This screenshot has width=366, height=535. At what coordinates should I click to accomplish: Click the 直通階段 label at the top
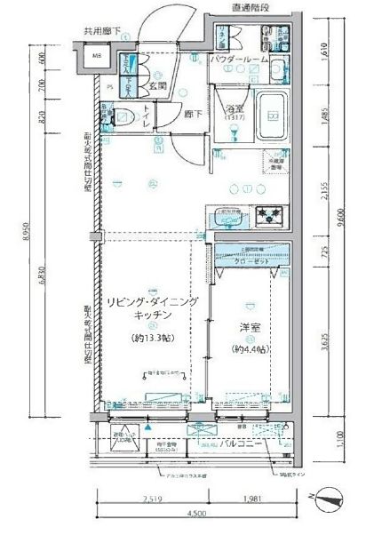tap(251, 8)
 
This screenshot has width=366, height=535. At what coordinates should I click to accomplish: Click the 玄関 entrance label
tap(158, 85)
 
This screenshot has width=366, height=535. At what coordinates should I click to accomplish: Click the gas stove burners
tap(269, 215)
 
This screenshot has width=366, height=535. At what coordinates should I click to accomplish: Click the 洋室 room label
tap(250, 328)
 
